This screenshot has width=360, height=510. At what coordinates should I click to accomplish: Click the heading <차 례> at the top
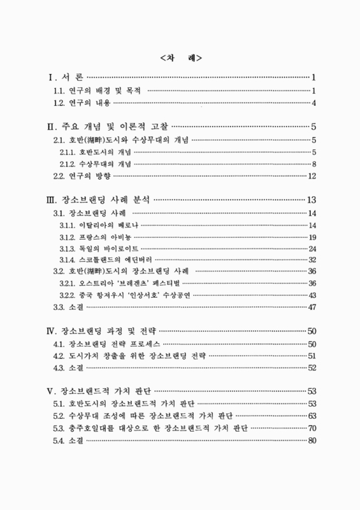click(x=180, y=58)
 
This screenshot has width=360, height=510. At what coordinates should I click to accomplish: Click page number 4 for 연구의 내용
click(x=315, y=103)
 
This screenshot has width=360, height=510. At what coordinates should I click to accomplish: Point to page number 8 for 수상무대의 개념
click(x=315, y=164)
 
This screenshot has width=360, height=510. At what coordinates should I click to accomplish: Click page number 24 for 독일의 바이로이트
click(x=312, y=249)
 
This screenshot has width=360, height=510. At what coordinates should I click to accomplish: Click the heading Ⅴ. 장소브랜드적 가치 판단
click(x=99, y=391)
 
